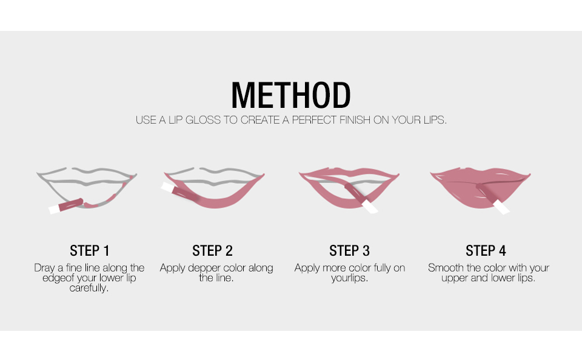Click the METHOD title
291,95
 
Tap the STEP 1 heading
90,251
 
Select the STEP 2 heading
212,251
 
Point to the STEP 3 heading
349,251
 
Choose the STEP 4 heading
486,251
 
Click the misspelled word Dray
44,268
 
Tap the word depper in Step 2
202,268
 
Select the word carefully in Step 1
89,288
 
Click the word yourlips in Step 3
349,278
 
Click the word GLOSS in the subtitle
203,120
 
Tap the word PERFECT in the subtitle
314,120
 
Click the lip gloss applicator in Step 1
66,206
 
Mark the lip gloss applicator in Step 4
492,198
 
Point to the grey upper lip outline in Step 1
87,175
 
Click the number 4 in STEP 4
503,251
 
